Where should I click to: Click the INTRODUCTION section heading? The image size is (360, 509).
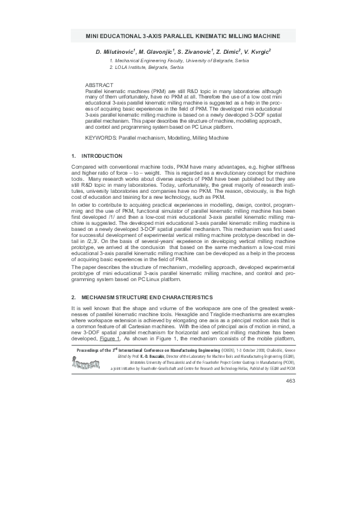[x=101, y=156]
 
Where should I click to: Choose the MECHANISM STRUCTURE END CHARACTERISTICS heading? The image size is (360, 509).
[x=146, y=297]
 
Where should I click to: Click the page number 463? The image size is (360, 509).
[x=289, y=380]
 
